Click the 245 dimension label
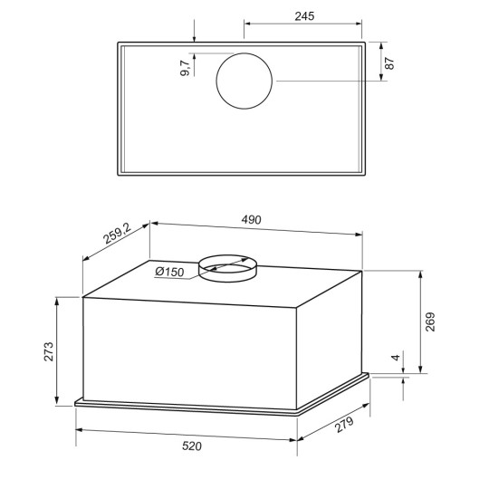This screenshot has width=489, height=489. [304, 16]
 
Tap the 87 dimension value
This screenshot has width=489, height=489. [389, 63]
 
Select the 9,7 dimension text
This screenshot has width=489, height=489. [185, 68]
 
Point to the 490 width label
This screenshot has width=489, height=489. [251, 220]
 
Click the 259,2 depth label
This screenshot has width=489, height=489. [118, 234]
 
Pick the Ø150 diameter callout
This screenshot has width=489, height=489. [169, 272]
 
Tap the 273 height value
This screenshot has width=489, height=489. [49, 351]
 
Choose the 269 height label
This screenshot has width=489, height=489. [430, 321]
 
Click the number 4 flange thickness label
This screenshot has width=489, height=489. [396, 358]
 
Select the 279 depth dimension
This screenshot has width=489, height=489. [344, 425]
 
